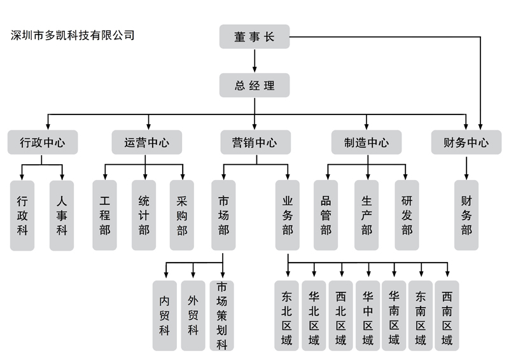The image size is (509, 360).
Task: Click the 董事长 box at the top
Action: pyautogui.click(x=254, y=37)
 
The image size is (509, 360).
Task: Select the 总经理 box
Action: pyautogui.click(x=254, y=85)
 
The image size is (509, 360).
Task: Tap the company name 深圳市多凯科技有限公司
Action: pyautogui.click(x=73, y=36)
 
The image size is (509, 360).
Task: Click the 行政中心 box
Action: pyautogui.click(x=43, y=142)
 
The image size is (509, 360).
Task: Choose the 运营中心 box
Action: pyautogui.click(x=147, y=142)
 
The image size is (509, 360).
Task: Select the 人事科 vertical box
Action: pyautogui.click(x=62, y=215)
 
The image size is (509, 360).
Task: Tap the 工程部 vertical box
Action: pyautogui.click(x=105, y=215)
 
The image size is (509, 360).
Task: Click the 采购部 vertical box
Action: pyautogui.click(x=182, y=215)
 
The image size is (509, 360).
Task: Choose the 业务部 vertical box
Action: pyautogui.click(x=288, y=215)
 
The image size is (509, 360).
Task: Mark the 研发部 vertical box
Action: pyautogui.click(x=407, y=215)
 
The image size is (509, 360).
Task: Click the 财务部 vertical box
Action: pyautogui.click(x=466, y=215)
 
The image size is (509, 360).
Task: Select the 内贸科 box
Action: pyautogui.click(x=165, y=315)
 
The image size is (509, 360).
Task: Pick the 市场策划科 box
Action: pyautogui.click(x=222, y=315)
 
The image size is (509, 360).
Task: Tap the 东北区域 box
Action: pyautogui.click(x=287, y=315)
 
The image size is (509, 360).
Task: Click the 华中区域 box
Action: pyautogui.click(x=368, y=315)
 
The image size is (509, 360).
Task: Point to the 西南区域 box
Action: pyautogui.click(x=447, y=315)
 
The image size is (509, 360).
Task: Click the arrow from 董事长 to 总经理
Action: pyautogui.click(x=254, y=60)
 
